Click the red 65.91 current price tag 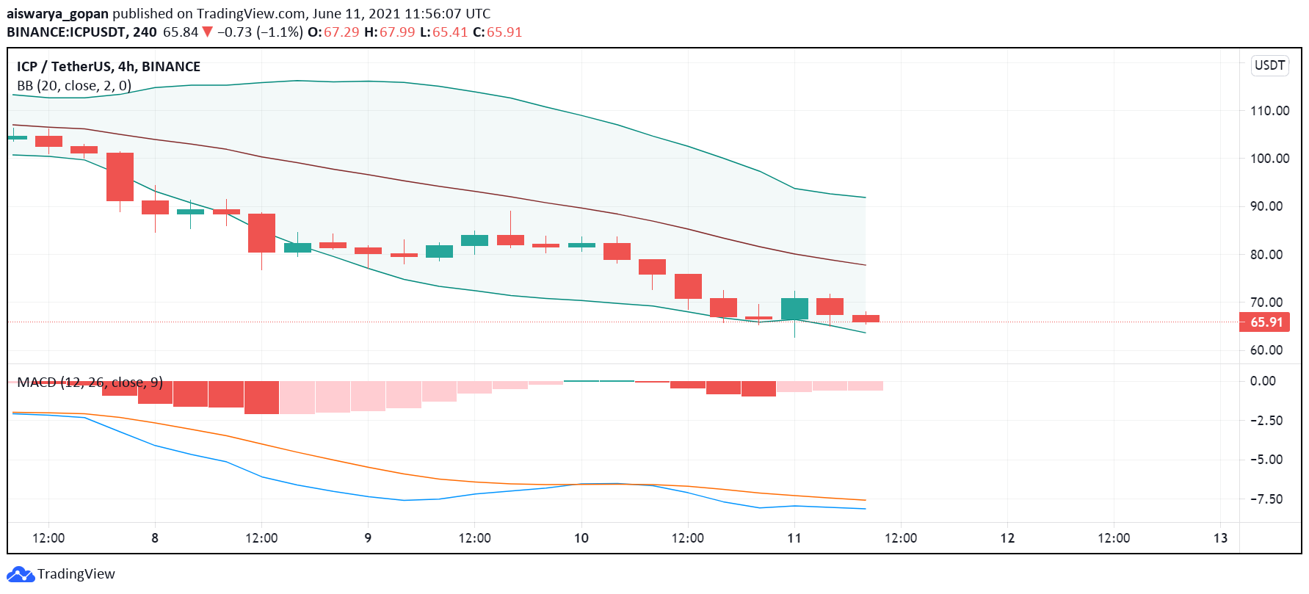(x=1266, y=322)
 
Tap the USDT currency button (x=1269, y=65)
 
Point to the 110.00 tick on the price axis (x=1269, y=111)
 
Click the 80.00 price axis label (x=1269, y=255)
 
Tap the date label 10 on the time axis (x=581, y=538)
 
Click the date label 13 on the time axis (x=1220, y=538)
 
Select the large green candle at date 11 (x=794, y=309)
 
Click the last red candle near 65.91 (x=866, y=319)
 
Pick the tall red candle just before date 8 (x=120, y=177)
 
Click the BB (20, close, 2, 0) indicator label (x=74, y=86)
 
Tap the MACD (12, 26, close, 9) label (x=90, y=383)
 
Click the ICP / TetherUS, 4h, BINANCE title (x=109, y=67)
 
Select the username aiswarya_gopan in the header (x=57, y=14)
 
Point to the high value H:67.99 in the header (x=389, y=32)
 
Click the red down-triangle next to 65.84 (x=208, y=32)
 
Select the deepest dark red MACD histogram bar (x=261, y=397)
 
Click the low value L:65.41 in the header (x=443, y=32)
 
